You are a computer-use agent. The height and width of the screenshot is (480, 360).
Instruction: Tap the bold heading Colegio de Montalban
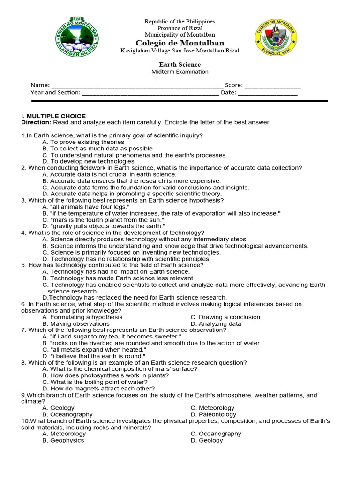(x=180, y=43)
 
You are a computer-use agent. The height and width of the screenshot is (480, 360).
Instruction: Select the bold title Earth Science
(x=180, y=65)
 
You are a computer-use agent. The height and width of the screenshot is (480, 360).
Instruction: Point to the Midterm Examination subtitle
(x=180, y=72)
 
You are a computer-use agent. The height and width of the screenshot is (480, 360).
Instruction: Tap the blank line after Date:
(x=268, y=93)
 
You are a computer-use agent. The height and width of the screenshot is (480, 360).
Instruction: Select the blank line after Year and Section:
(x=150, y=93)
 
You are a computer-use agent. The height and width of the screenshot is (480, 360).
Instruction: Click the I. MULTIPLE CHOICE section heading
(x=54, y=116)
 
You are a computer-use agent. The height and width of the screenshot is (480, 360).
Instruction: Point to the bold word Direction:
(x=36, y=122)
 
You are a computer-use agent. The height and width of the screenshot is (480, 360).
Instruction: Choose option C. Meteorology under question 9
(x=212, y=408)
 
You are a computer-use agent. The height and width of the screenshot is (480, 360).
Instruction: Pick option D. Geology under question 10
(x=204, y=440)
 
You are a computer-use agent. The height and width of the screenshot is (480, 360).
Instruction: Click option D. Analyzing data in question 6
(x=216, y=323)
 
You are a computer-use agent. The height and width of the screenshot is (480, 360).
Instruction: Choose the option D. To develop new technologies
(x=88, y=161)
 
